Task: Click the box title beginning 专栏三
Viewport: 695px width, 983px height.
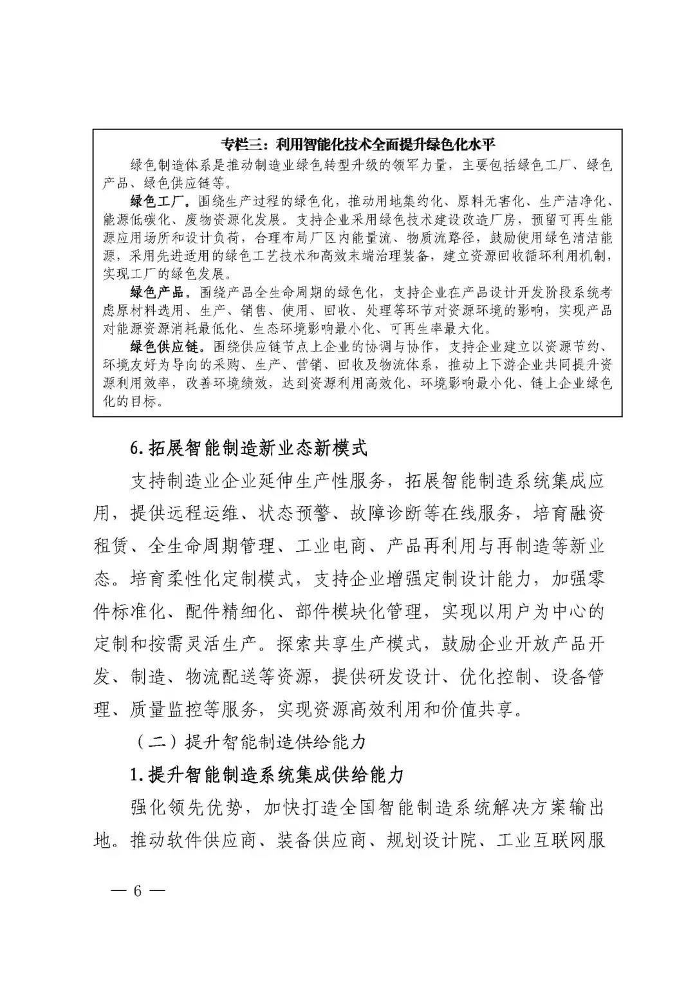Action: pyautogui.click(x=357, y=143)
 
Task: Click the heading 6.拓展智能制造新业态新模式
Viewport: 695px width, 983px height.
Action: pyautogui.click(x=248, y=447)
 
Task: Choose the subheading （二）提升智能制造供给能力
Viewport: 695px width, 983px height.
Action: pyautogui.click(x=252, y=742)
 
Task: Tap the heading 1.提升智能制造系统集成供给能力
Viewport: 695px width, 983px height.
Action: pyautogui.click(x=266, y=774)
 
